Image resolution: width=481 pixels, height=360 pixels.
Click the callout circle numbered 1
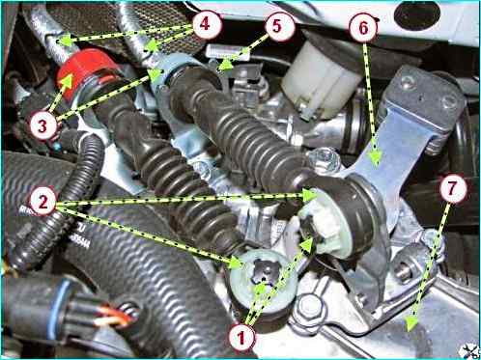click(x=241, y=338)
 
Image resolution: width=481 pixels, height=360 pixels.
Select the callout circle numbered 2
click(x=42, y=202)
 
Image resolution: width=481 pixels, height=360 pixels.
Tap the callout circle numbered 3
click(x=42, y=125)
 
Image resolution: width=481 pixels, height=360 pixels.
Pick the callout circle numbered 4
click(x=206, y=24)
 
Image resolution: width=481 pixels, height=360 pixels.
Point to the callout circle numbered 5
click(x=277, y=26)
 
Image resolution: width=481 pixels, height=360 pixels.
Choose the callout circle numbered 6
click(x=363, y=28)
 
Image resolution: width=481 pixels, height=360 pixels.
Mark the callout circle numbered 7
click(x=452, y=188)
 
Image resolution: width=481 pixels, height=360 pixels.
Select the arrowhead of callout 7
click(x=410, y=323)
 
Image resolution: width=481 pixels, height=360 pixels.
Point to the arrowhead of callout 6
click(x=375, y=157)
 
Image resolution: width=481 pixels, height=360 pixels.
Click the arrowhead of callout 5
click(x=227, y=65)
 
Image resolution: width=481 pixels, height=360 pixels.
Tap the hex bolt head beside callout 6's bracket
click(x=325, y=158)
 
